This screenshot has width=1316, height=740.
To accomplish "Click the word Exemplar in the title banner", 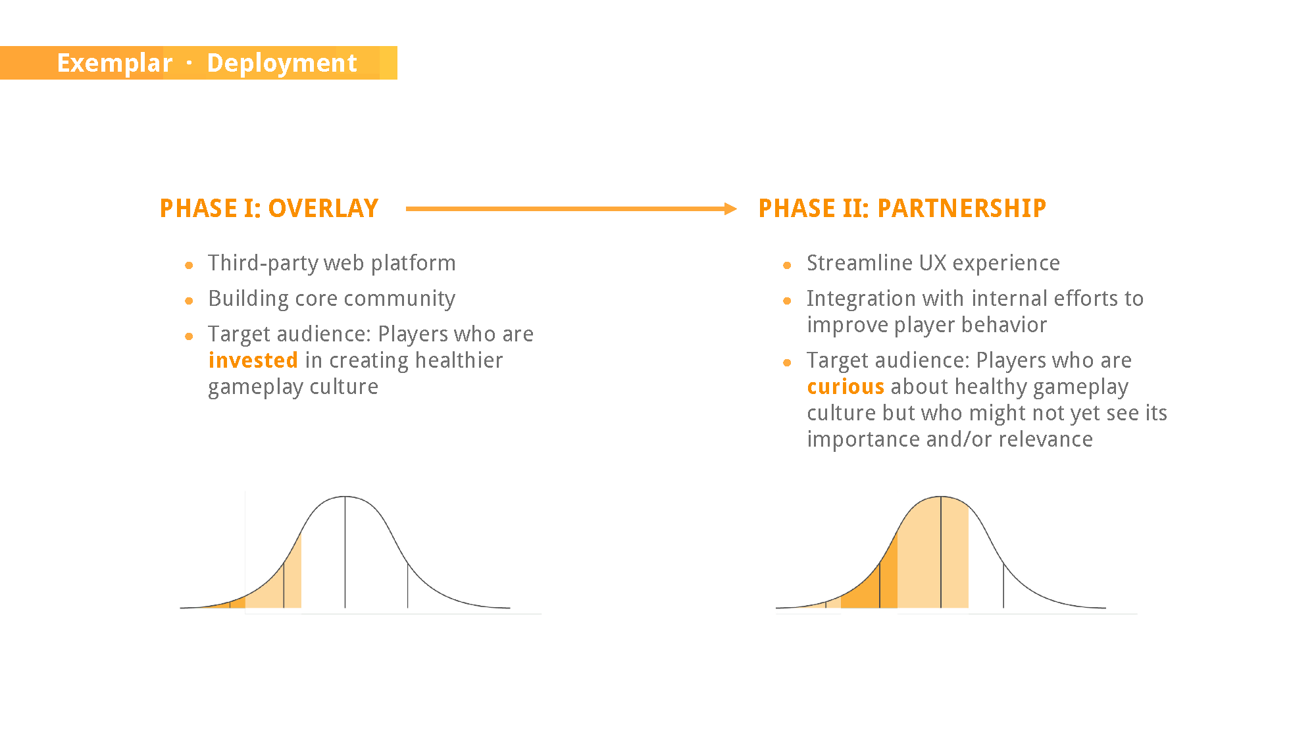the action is [114, 63].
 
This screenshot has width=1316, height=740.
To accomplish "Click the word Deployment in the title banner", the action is [282, 63].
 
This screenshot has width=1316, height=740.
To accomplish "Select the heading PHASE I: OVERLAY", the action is [269, 209].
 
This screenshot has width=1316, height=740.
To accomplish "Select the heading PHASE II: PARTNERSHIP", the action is [902, 209].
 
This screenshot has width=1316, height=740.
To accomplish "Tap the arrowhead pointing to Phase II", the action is [730, 209].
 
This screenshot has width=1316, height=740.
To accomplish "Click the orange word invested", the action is [253, 360].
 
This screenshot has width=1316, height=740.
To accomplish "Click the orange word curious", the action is [846, 387].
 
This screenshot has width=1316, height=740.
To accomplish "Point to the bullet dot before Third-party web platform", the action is [189, 266].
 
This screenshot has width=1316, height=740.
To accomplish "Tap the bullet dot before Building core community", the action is [189, 301].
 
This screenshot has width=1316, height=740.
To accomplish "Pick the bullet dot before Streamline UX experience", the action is [787, 266].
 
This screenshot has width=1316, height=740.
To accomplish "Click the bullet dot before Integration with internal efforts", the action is [787, 301].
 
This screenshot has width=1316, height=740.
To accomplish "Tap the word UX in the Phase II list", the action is [933, 263].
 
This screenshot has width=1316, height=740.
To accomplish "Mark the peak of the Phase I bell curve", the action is [345, 497].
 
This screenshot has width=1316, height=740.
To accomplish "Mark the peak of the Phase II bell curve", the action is [941, 497].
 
